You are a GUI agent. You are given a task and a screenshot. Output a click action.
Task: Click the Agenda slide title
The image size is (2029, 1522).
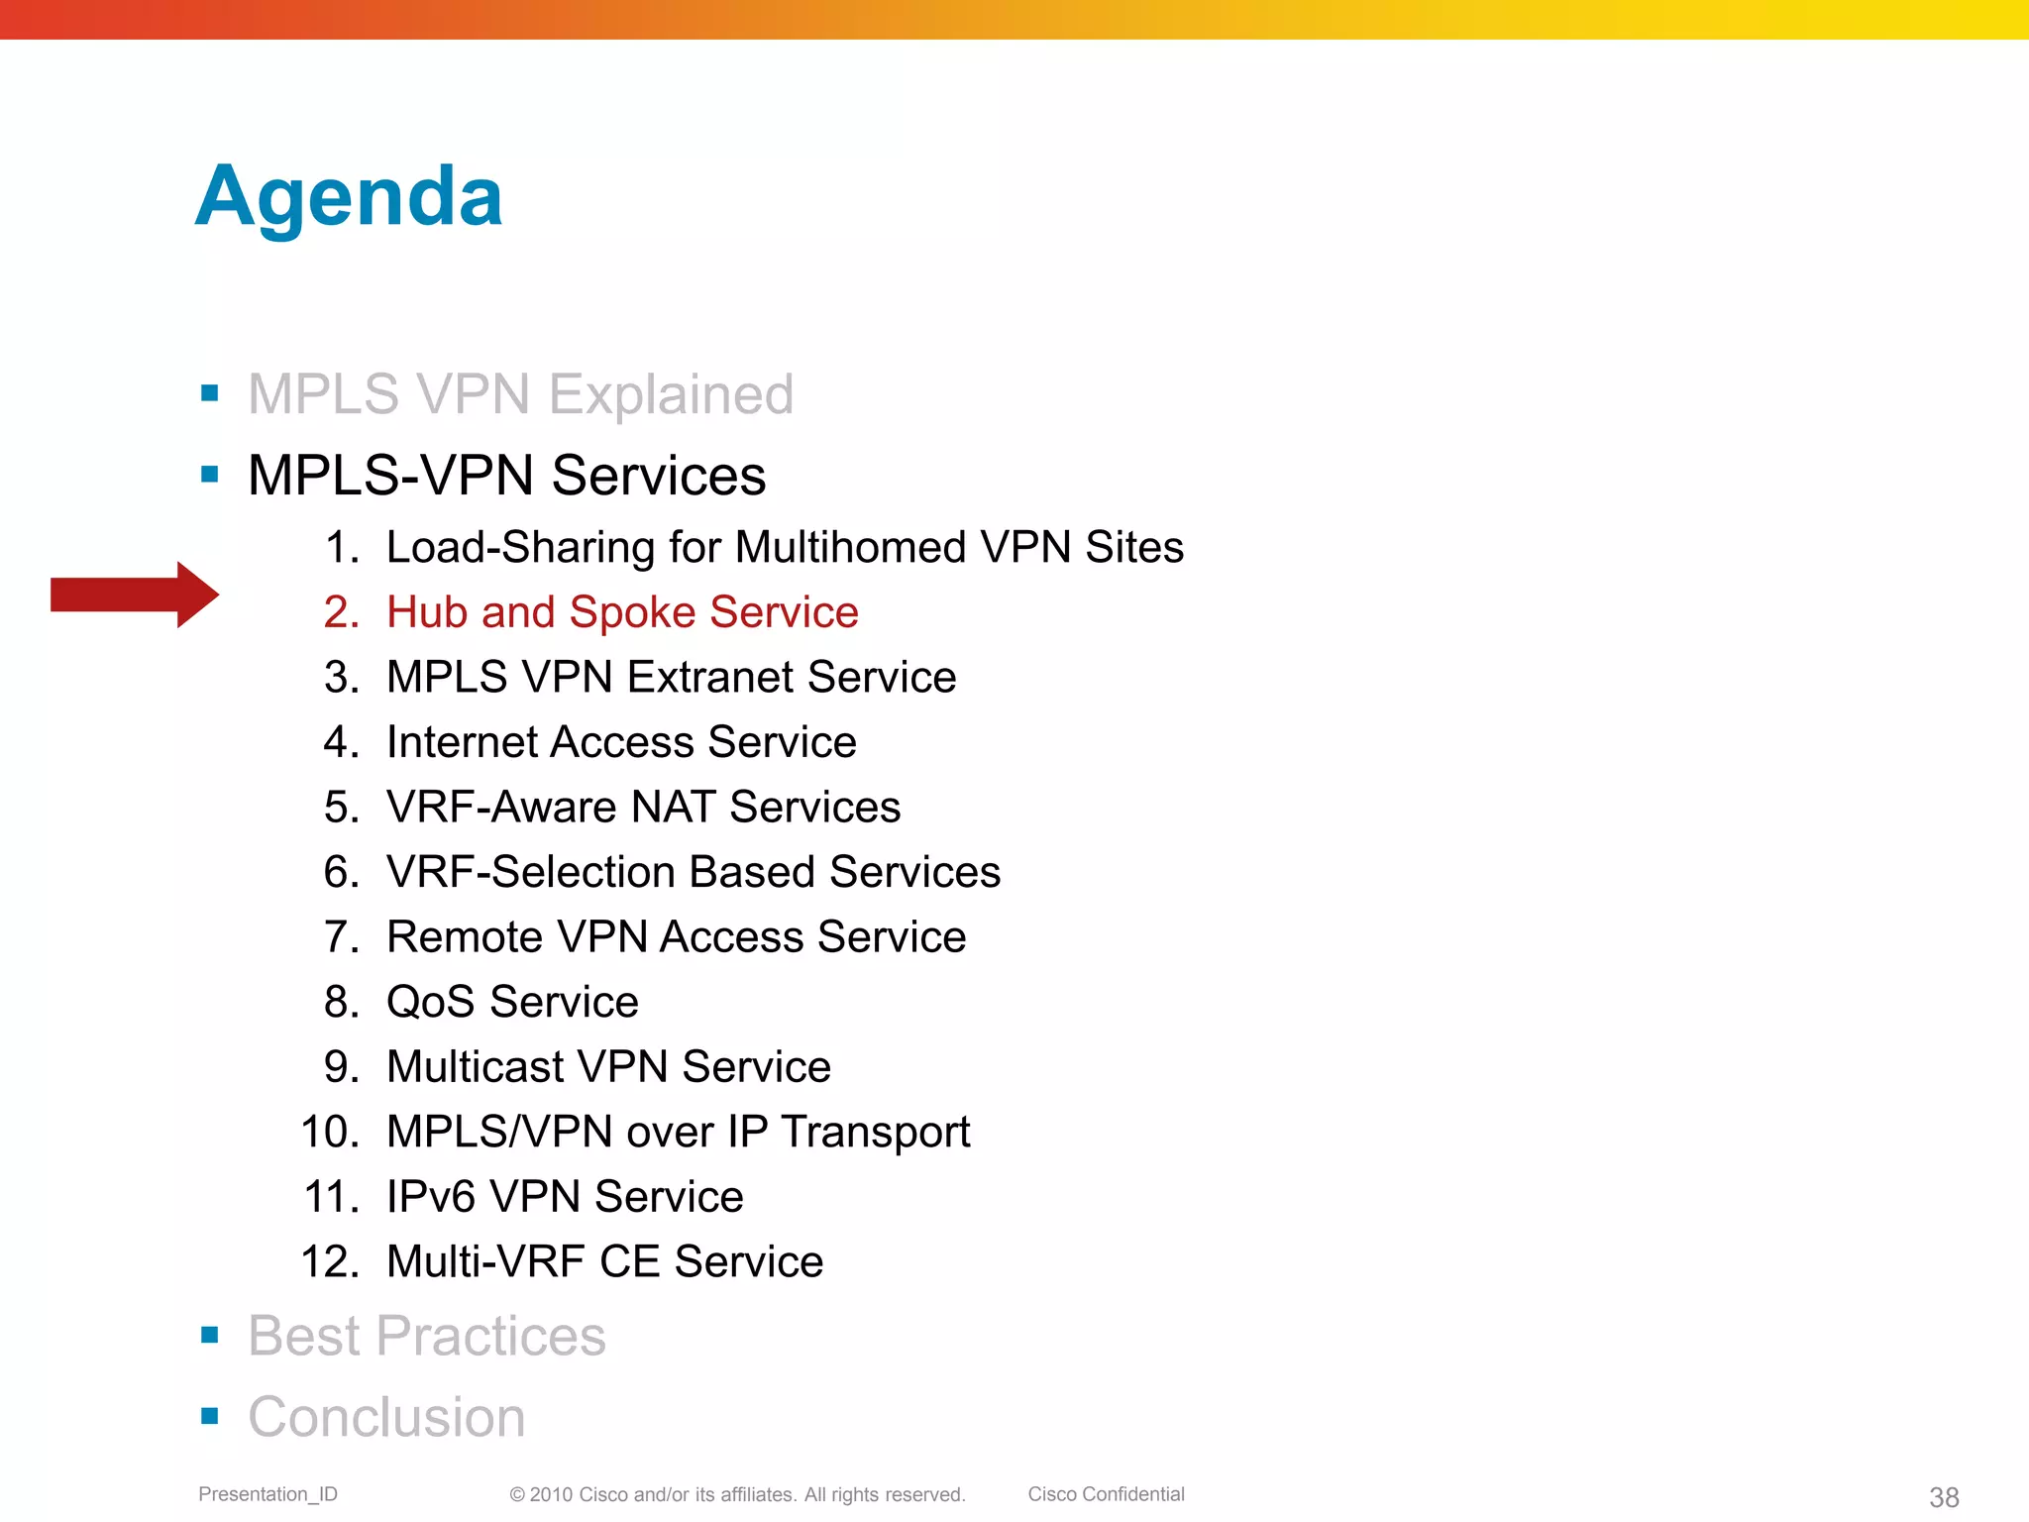point(349,197)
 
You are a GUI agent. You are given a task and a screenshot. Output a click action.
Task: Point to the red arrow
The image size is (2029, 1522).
point(134,595)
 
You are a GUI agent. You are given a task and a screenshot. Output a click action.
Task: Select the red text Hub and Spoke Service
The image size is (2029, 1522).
point(621,612)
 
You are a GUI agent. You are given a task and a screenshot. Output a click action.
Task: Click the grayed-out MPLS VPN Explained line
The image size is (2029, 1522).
point(520,394)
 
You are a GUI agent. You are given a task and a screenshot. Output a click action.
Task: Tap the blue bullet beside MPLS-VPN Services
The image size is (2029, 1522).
point(209,475)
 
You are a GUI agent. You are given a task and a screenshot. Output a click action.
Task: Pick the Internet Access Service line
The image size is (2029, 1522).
point(620,742)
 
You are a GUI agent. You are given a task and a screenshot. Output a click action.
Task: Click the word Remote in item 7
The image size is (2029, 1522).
point(464,937)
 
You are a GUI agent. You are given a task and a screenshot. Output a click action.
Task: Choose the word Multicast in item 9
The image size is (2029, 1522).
point(475,1067)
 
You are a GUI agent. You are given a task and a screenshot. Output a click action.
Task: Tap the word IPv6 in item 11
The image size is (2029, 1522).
point(431,1197)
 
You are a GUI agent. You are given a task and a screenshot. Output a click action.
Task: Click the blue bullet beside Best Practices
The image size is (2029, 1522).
point(209,1335)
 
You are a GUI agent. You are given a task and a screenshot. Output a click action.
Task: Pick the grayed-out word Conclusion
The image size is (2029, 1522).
point(386,1417)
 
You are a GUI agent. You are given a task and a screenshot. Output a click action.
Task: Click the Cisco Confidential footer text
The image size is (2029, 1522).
point(1106,1494)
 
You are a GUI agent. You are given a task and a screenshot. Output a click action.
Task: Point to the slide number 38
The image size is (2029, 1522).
point(1944,1497)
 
